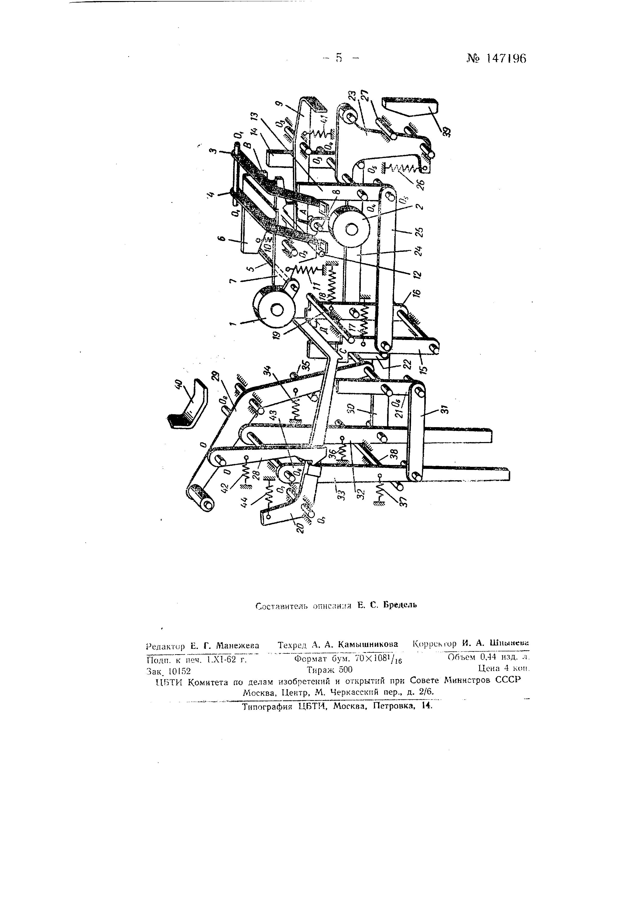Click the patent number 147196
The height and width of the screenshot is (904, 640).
(506, 59)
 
